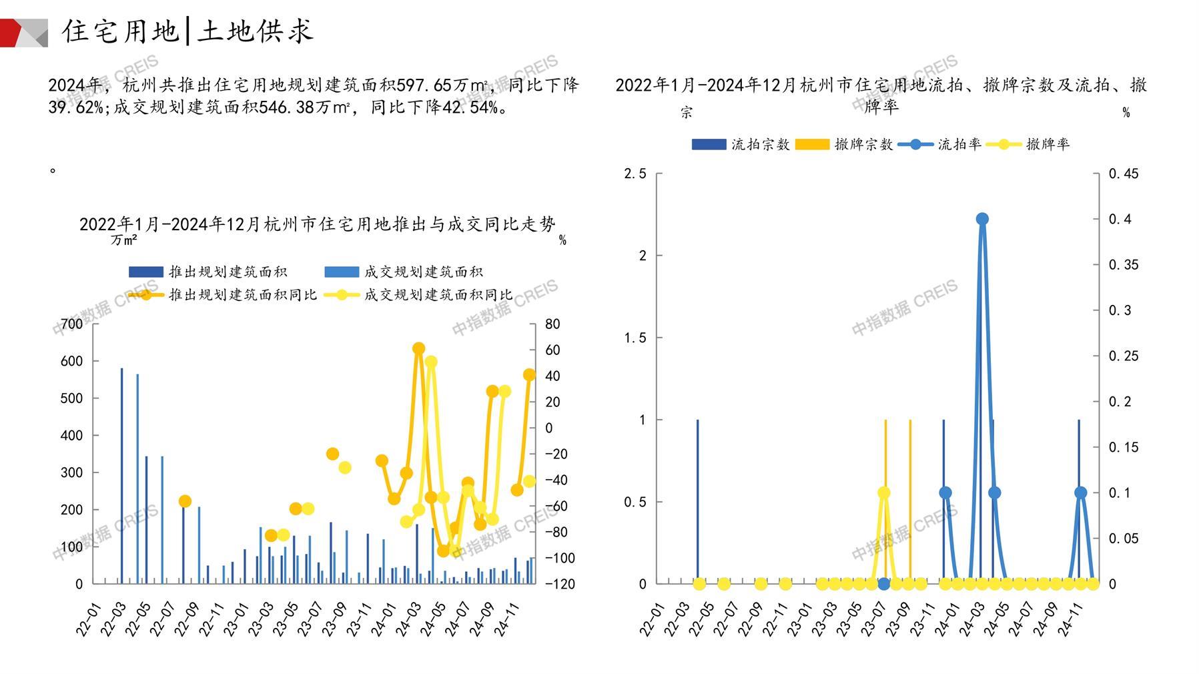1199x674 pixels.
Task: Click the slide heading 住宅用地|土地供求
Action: tap(187, 31)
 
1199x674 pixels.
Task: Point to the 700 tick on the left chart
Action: tap(72, 324)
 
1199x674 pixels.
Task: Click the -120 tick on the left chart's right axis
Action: tap(559, 584)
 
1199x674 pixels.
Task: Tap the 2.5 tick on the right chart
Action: tap(635, 174)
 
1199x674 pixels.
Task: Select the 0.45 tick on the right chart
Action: tap(1124, 174)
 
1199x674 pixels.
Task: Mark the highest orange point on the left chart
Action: tap(418, 348)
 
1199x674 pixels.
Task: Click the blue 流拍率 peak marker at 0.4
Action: tap(982, 219)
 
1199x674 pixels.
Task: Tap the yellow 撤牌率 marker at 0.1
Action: tap(884, 493)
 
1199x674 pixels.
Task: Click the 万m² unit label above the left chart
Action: tap(124, 240)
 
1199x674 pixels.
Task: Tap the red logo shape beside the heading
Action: tap(12, 33)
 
